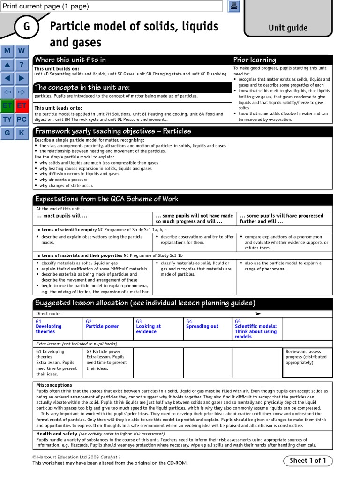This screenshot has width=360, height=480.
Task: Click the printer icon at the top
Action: coord(234,6)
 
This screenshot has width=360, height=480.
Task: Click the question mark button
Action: coord(22,65)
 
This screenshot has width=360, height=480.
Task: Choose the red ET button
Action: coord(22,106)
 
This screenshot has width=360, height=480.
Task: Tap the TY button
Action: coord(7,120)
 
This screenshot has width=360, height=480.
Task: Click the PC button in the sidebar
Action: coord(22,120)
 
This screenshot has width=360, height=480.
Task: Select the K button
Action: coord(22,133)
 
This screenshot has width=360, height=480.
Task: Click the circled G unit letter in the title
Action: coord(26,27)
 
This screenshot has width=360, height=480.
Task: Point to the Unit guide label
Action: coord(288,28)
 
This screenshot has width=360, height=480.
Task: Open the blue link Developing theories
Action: coord(49,329)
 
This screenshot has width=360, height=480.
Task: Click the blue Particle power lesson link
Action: coord(102,326)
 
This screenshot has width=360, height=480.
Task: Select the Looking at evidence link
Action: coord(148,329)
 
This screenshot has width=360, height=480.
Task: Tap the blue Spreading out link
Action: coord(202,326)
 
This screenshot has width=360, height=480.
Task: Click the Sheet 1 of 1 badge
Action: coord(307,460)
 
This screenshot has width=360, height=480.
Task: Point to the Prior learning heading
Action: coord(255,60)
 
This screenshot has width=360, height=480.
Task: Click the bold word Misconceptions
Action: coord(54,385)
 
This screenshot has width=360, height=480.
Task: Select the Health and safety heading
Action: coord(57,434)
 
